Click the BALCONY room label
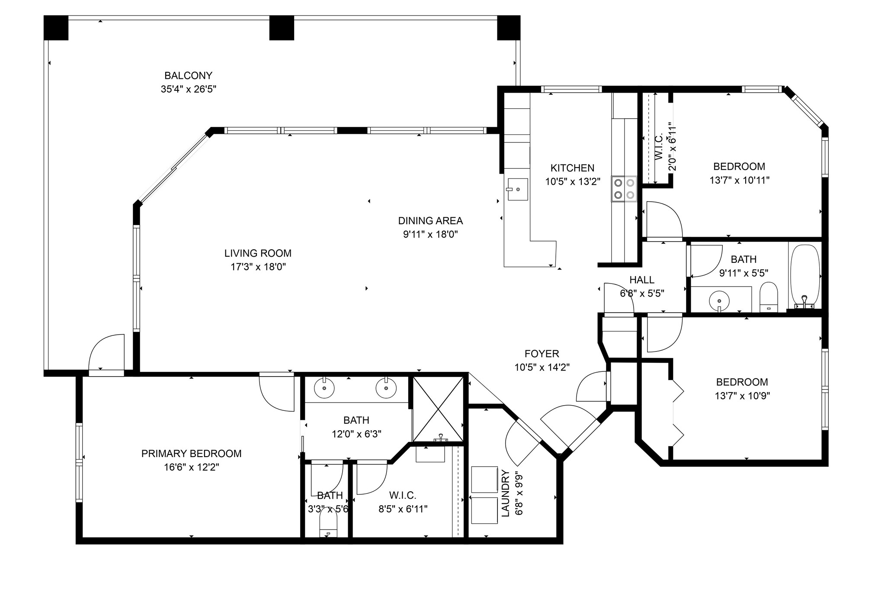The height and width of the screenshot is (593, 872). pyautogui.click(x=188, y=76)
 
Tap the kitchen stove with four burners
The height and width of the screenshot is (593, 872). pyautogui.click(x=624, y=189)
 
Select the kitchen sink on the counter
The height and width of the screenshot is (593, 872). pyautogui.click(x=518, y=189)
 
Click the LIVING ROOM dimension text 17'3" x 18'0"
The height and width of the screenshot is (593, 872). pyautogui.click(x=258, y=267)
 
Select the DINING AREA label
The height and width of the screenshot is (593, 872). pyautogui.click(x=430, y=221)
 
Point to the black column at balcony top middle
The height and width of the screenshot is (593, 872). pyautogui.click(x=282, y=28)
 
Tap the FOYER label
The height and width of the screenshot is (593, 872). pyautogui.click(x=542, y=354)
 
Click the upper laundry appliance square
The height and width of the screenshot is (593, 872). pyautogui.click(x=484, y=479)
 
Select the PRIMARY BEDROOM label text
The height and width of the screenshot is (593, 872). pyautogui.click(x=191, y=454)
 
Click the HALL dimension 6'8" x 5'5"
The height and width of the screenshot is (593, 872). pyautogui.click(x=642, y=293)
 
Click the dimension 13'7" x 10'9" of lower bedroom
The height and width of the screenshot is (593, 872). pyautogui.click(x=742, y=396)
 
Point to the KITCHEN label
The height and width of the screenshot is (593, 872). pyautogui.click(x=572, y=168)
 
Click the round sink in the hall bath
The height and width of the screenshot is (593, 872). pyautogui.click(x=719, y=300)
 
